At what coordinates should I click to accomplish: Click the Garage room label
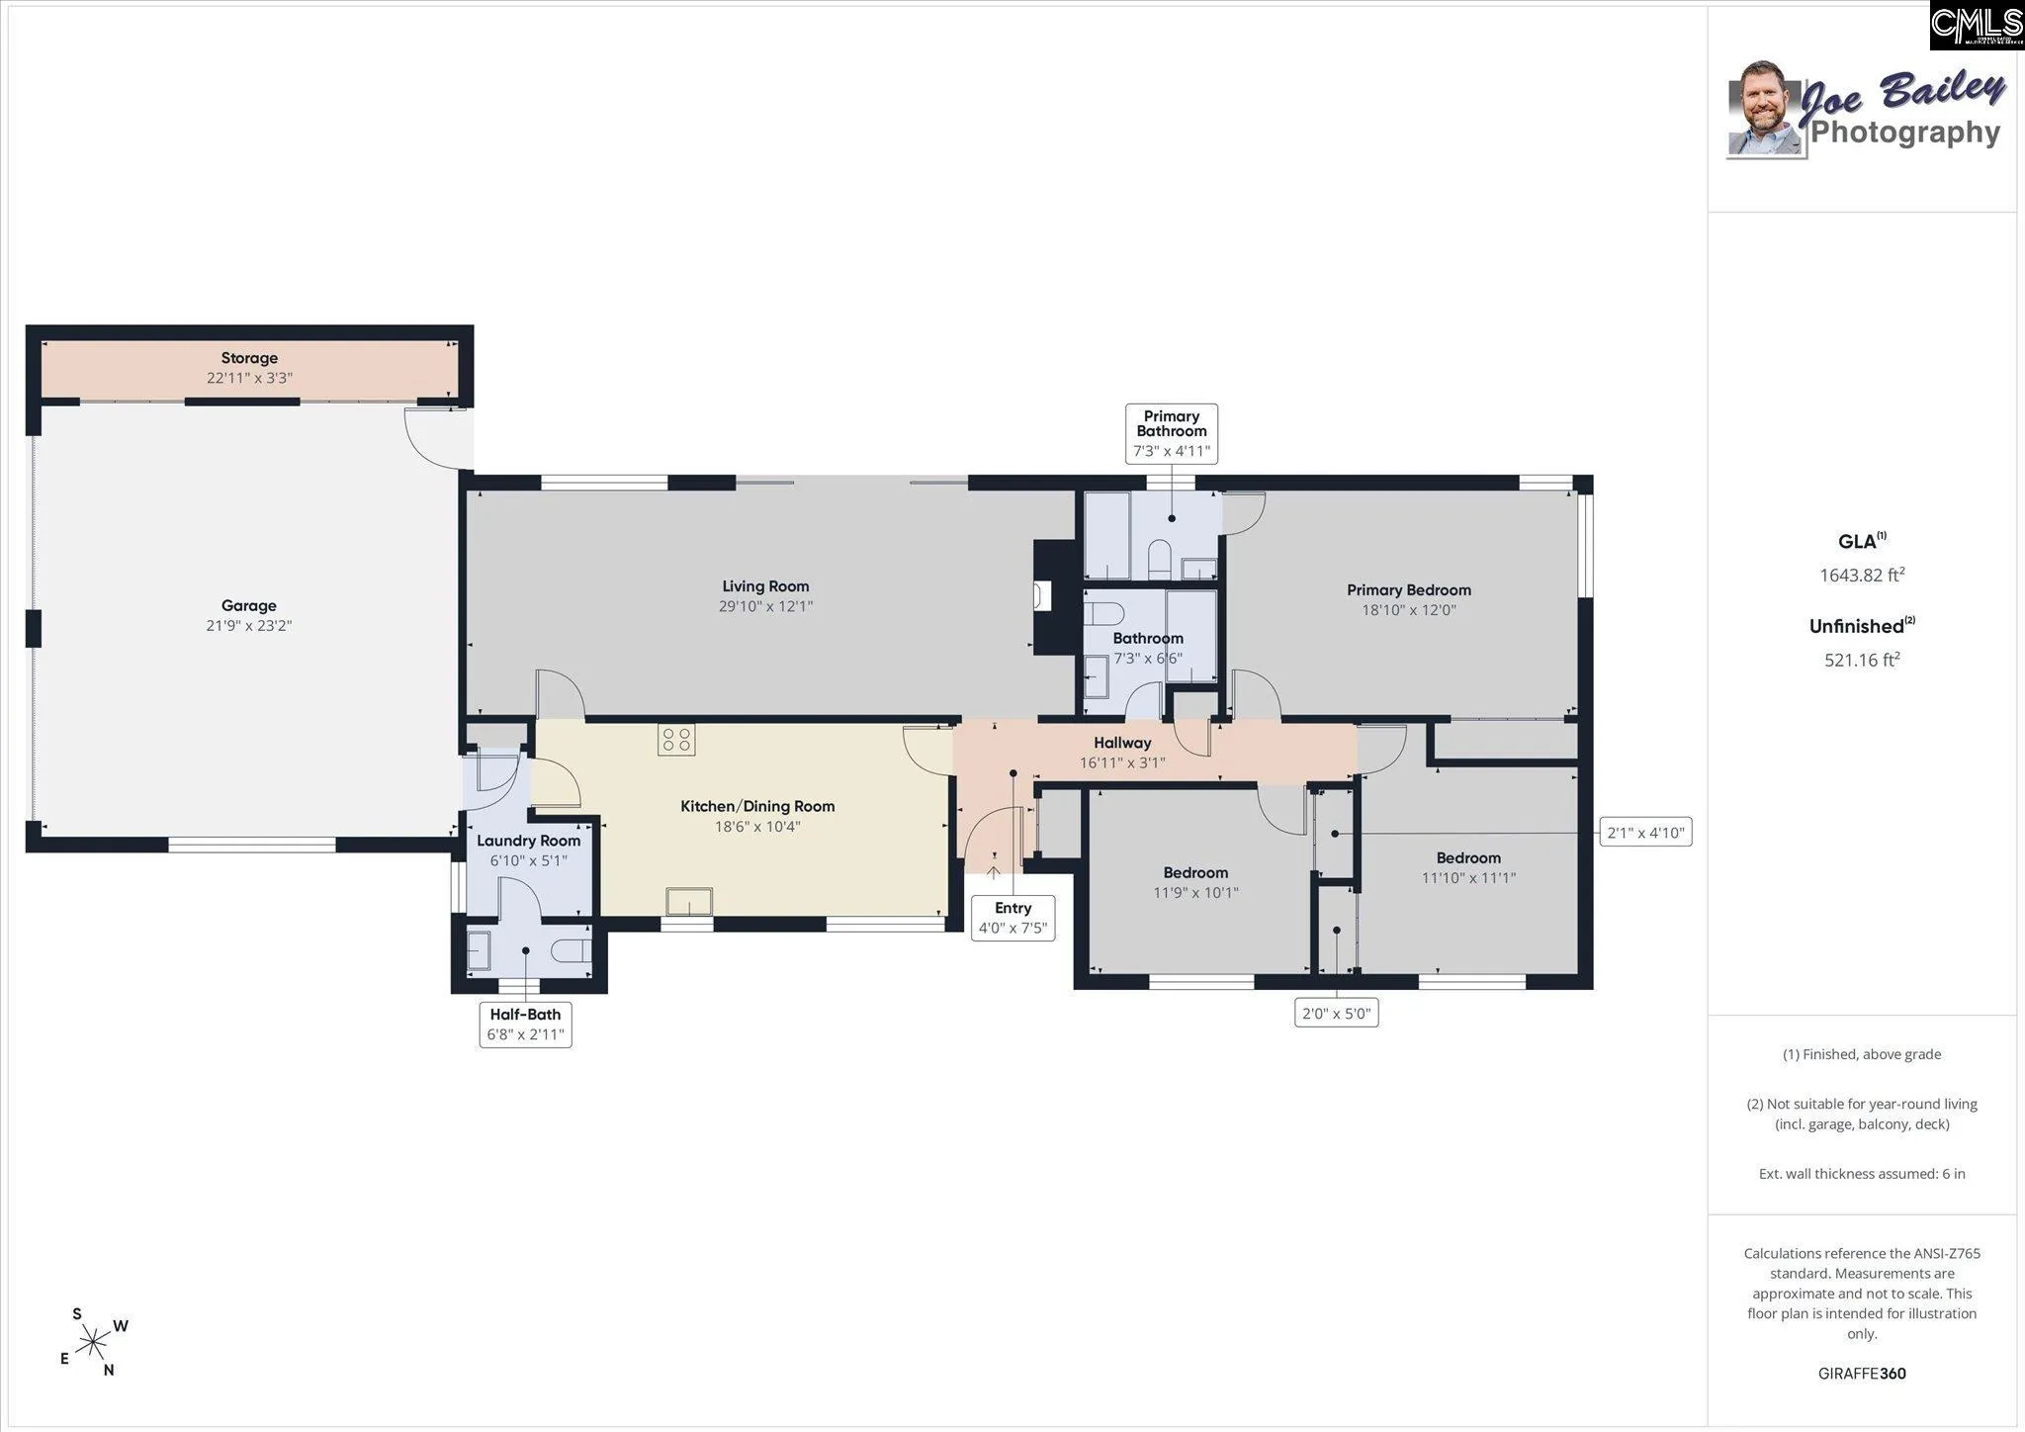click(248, 605)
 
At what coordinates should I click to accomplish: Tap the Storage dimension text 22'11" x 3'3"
click(249, 378)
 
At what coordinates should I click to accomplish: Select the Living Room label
click(765, 586)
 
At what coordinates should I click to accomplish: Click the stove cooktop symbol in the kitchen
click(676, 740)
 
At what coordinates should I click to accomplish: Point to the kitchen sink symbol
click(689, 902)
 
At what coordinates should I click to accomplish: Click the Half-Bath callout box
click(525, 1025)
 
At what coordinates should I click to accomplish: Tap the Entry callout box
click(1013, 918)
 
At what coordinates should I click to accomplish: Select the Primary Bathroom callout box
click(1172, 433)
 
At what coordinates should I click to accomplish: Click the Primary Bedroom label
click(1409, 590)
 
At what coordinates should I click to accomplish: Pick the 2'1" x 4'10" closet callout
click(1646, 833)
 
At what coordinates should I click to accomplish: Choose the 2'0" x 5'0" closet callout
click(1337, 1013)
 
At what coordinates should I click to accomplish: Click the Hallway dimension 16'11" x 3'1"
click(1122, 762)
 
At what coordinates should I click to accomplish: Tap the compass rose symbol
click(94, 1342)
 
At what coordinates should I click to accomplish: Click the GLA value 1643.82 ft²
click(1862, 575)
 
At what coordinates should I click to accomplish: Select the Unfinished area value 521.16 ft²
click(1862, 660)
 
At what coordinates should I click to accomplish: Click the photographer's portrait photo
click(1764, 109)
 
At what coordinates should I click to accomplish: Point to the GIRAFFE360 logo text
click(1862, 1374)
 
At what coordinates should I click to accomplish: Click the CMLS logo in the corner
click(1977, 26)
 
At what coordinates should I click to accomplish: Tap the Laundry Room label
click(529, 841)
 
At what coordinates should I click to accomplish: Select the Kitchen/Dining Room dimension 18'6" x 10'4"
click(757, 827)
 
